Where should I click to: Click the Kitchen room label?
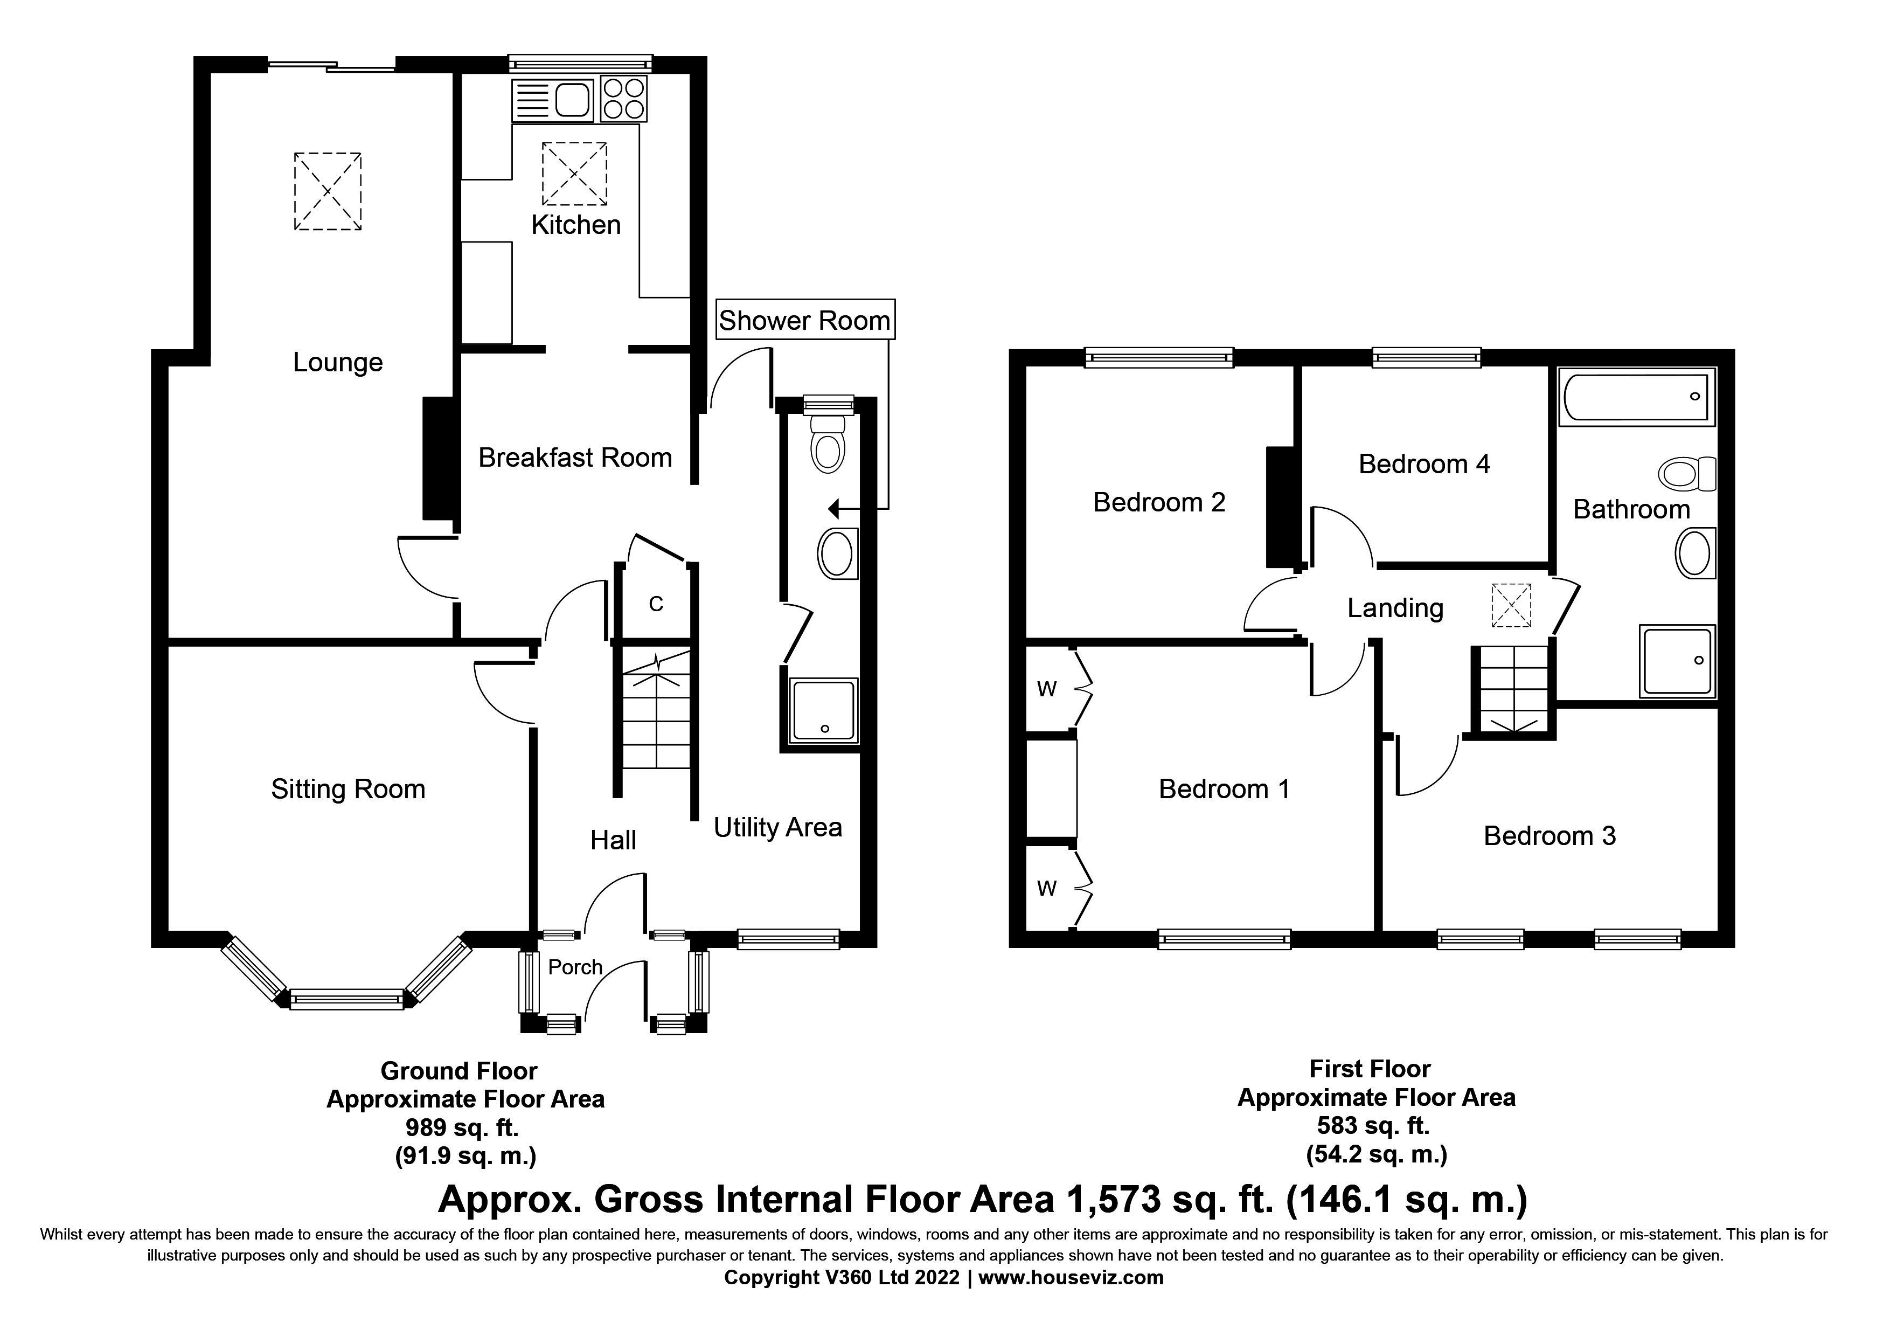575,225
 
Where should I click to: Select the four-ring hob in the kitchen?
623,99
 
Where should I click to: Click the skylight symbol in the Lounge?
328,191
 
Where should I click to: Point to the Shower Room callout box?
804,320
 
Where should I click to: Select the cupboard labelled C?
656,604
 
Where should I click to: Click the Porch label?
575,967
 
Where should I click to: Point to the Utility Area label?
777,827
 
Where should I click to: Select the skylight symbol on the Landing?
1511,605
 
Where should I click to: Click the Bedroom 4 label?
1424,464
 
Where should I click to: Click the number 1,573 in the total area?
1110,1199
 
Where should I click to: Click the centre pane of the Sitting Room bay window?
346,1000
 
